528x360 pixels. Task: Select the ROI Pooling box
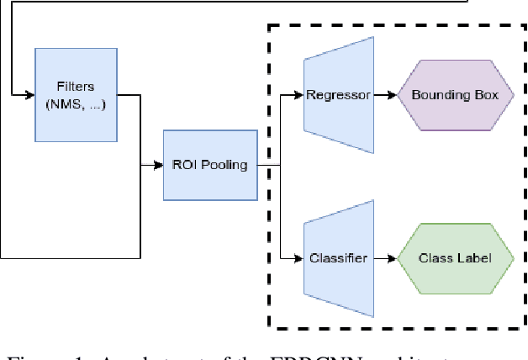click(x=209, y=165)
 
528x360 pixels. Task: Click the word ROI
click(x=184, y=165)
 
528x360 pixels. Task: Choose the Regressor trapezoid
click(x=338, y=95)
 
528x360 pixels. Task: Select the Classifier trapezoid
click(x=338, y=257)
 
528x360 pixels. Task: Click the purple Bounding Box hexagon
click(x=455, y=95)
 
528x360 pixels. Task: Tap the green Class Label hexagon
click(x=455, y=257)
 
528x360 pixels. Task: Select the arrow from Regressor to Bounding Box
click(x=384, y=95)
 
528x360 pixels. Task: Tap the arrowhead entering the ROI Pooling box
click(x=158, y=165)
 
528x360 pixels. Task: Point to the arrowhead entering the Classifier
click(x=299, y=257)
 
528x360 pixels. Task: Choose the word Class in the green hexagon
click(x=435, y=257)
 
